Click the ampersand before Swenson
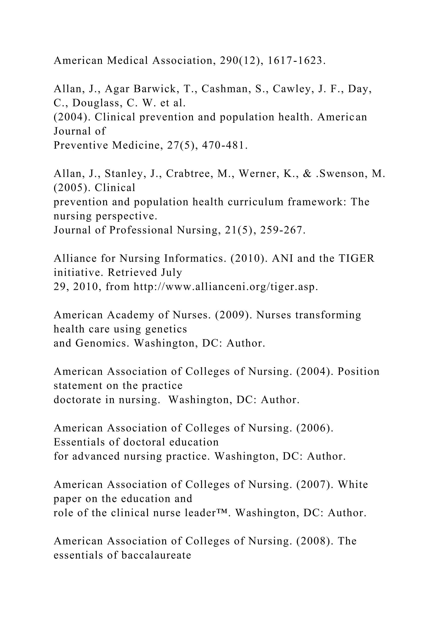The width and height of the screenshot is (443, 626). click(x=307, y=174)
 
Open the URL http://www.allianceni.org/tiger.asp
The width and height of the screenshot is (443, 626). click(x=226, y=287)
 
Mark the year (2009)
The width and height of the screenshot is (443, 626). click(x=233, y=315)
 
